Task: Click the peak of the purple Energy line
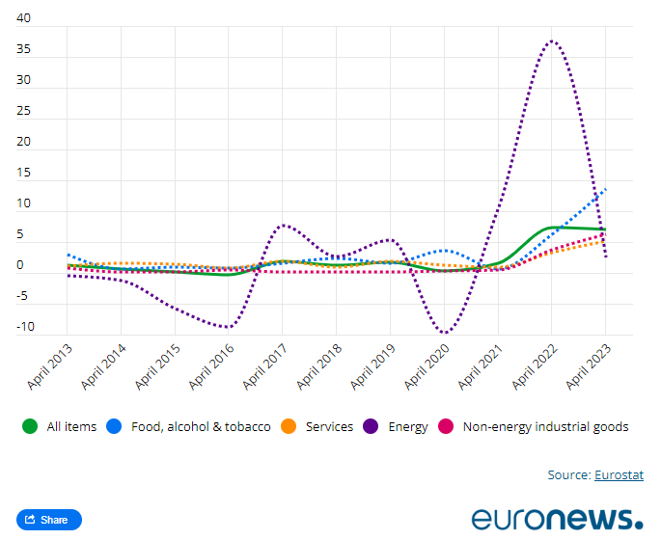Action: click(x=551, y=40)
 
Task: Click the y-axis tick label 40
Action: click(x=24, y=18)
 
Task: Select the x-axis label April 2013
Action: click(x=49, y=365)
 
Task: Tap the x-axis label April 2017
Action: click(x=264, y=365)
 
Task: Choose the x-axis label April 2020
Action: click(x=426, y=365)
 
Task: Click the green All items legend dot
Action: click(x=30, y=426)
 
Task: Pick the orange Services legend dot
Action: click(x=289, y=426)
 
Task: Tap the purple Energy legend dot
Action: click(x=371, y=426)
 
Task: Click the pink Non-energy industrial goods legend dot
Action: click(x=446, y=426)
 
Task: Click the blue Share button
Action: click(x=49, y=520)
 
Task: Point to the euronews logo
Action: click(x=557, y=517)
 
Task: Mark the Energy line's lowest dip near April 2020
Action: click(x=444, y=333)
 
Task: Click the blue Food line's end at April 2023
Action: click(x=605, y=190)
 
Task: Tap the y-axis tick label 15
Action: click(x=24, y=173)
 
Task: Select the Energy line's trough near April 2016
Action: click(x=228, y=327)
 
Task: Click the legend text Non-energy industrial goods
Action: click(x=545, y=426)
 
